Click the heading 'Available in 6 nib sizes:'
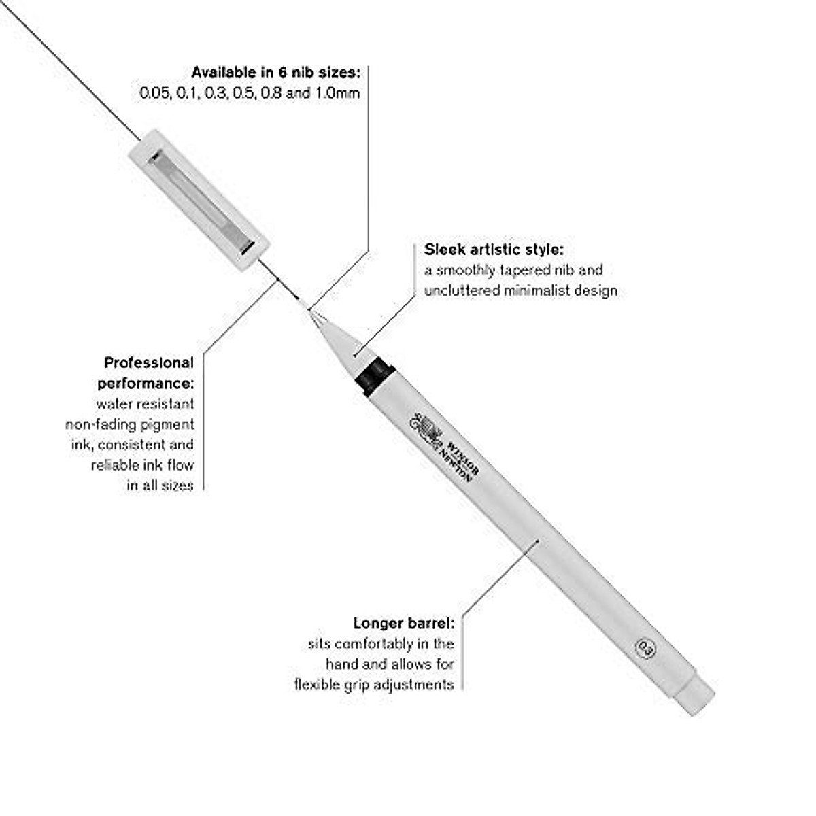coord(275,72)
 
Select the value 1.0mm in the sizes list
coord(336,93)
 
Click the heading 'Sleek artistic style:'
coord(494,249)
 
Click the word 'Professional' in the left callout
coord(149,362)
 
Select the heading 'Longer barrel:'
coord(404,623)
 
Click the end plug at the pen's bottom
coord(695,694)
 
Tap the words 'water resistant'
coord(145,404)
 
